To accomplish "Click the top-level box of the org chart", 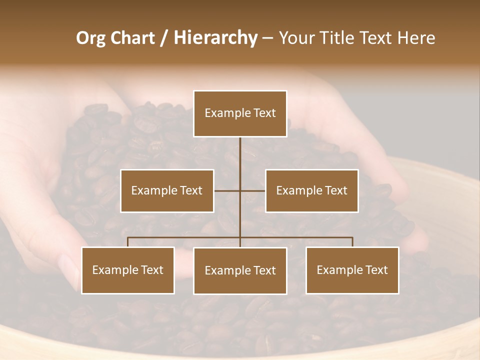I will tap(240, 113).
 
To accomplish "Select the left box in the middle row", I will tap(167, 190).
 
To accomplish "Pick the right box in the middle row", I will tap(311, 190).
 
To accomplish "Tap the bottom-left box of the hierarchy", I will tap(128, 270).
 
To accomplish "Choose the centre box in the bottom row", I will tap(240, 270).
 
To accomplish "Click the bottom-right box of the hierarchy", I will tap(352, 270).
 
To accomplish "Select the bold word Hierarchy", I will tap(215, 38).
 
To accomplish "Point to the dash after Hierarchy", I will tap(267, 38).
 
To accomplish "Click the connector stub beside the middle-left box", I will tap(227, 190).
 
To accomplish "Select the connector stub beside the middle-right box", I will tap(253, 190).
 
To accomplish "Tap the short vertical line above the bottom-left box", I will tap(128, 242).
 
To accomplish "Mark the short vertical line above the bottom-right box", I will tap(352, 242).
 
